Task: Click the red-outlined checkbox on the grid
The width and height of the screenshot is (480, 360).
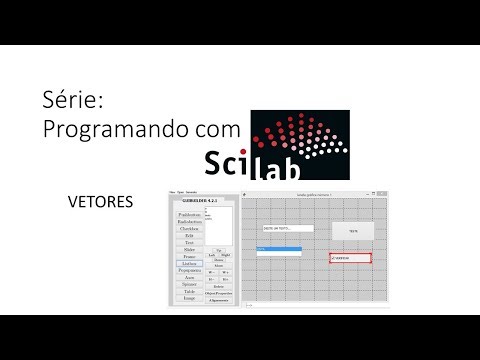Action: point(351,258)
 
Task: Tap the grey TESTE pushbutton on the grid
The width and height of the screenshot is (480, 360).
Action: point(352,230)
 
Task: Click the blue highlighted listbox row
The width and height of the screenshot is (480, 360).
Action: point(278,248)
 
